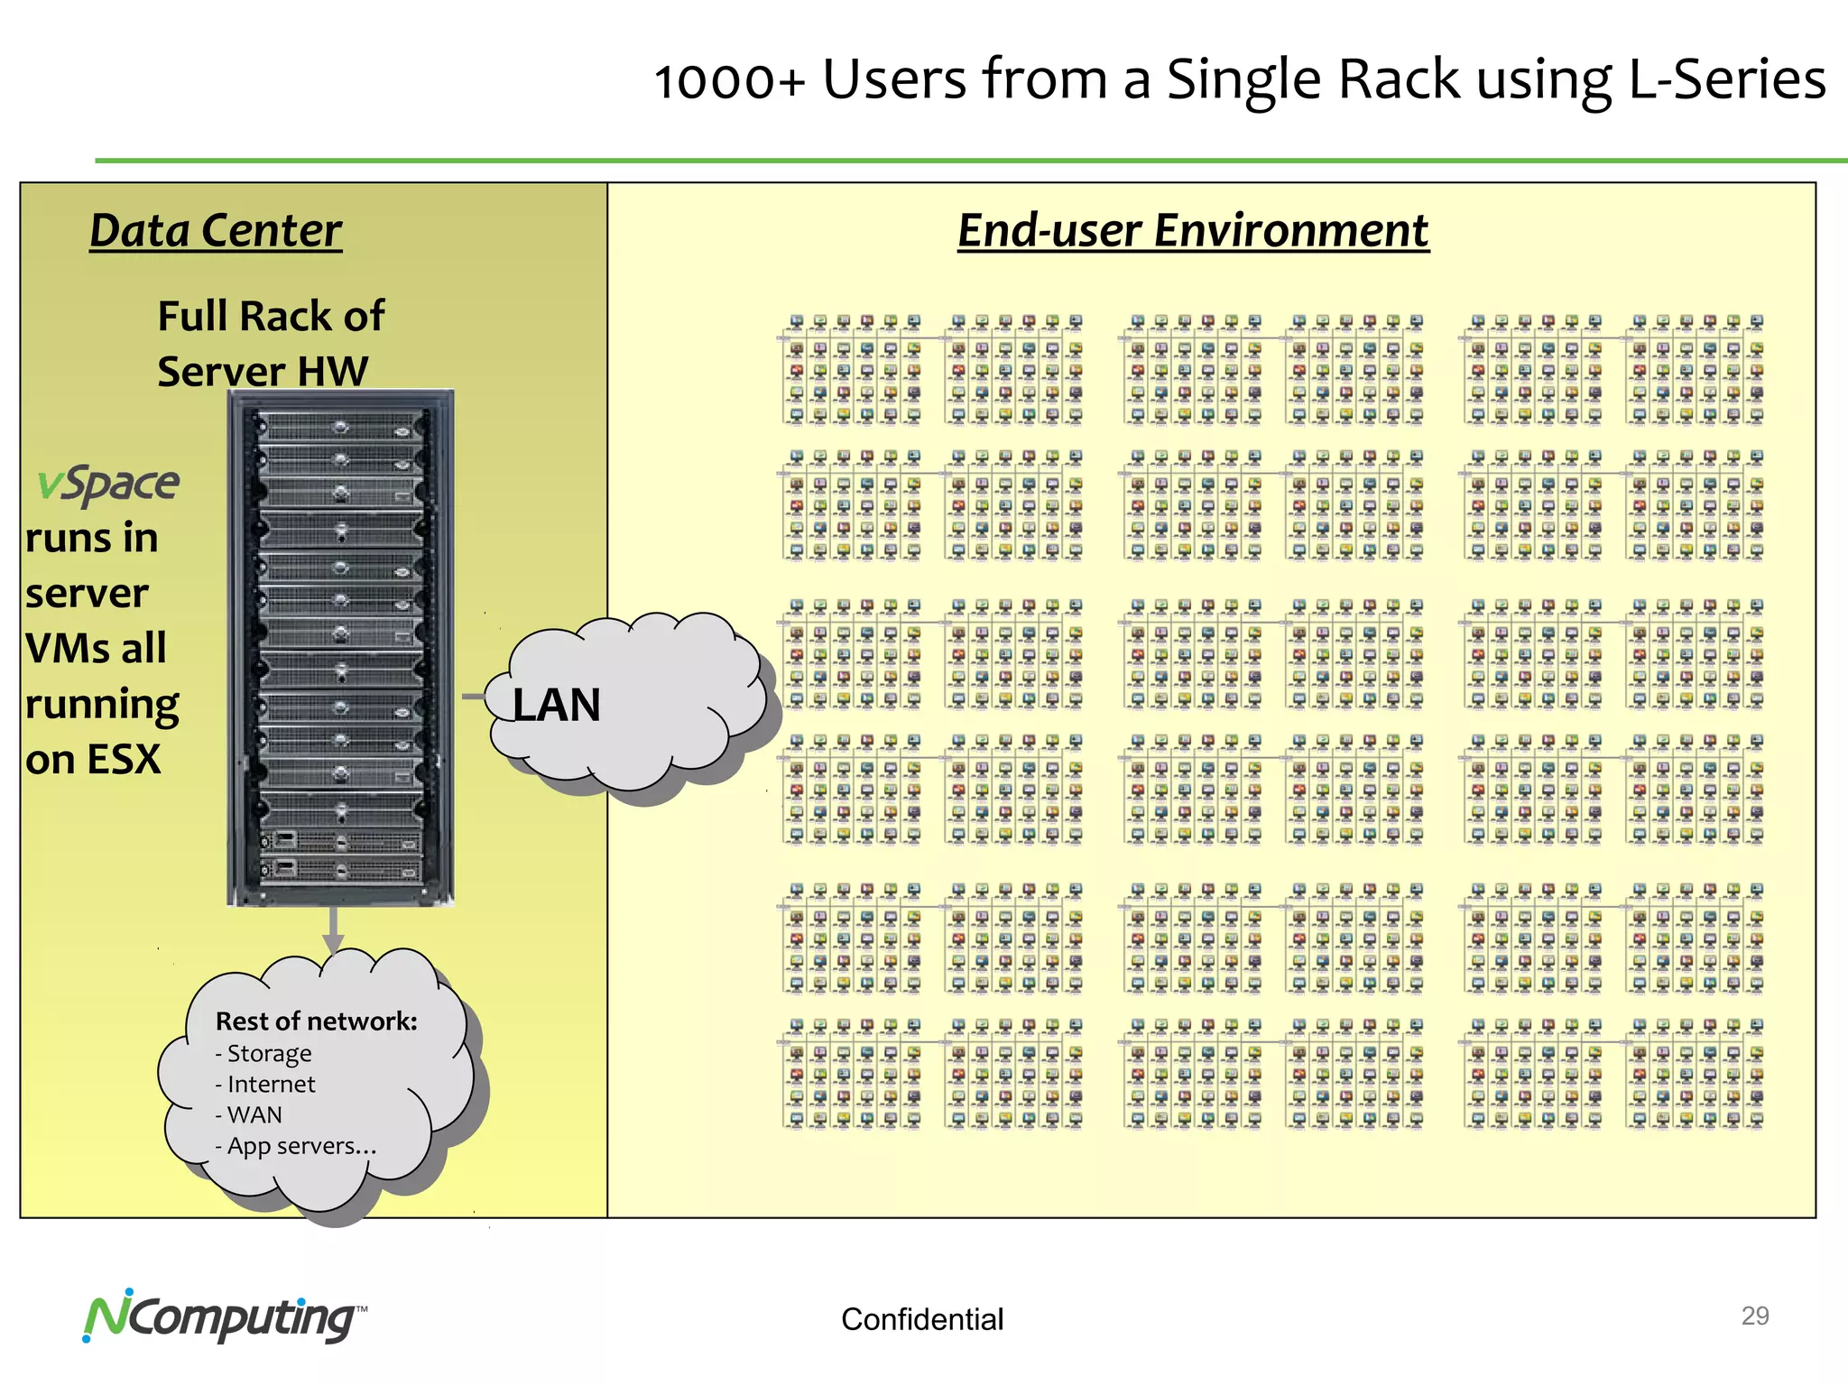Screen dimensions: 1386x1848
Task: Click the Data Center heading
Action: click(x=216, y=231)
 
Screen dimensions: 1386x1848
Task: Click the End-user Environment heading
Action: click(x=1193, y=231)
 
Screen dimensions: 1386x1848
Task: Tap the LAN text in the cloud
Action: click(x=557, y=705)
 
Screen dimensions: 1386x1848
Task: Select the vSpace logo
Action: click(x=108, y=485)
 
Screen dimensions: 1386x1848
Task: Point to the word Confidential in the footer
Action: click(x=921, y=1319)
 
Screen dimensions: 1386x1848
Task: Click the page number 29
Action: click(x=1754, y=1316)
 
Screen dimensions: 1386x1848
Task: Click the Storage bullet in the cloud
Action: click(x=268, y=1054)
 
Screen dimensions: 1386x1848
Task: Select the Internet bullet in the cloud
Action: click(x=270, y=1085)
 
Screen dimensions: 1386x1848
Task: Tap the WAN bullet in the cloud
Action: click(x=254, y=1115)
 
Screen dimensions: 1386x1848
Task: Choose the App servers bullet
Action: click(x=300, y=1146)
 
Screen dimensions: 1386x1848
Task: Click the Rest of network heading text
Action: click(x=316, y=1021)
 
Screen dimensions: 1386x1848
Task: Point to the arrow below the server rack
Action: click(x=333, y=929)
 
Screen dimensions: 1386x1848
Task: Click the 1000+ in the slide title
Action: click(x=728, y=81)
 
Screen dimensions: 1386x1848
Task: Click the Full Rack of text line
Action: click(x=271, y=317)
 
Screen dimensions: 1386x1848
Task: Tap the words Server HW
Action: click(x=263, y=372)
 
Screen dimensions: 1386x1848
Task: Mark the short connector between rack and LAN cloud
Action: click(x=474, y=697)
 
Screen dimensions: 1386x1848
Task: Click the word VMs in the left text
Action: click(x=58, y=649)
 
